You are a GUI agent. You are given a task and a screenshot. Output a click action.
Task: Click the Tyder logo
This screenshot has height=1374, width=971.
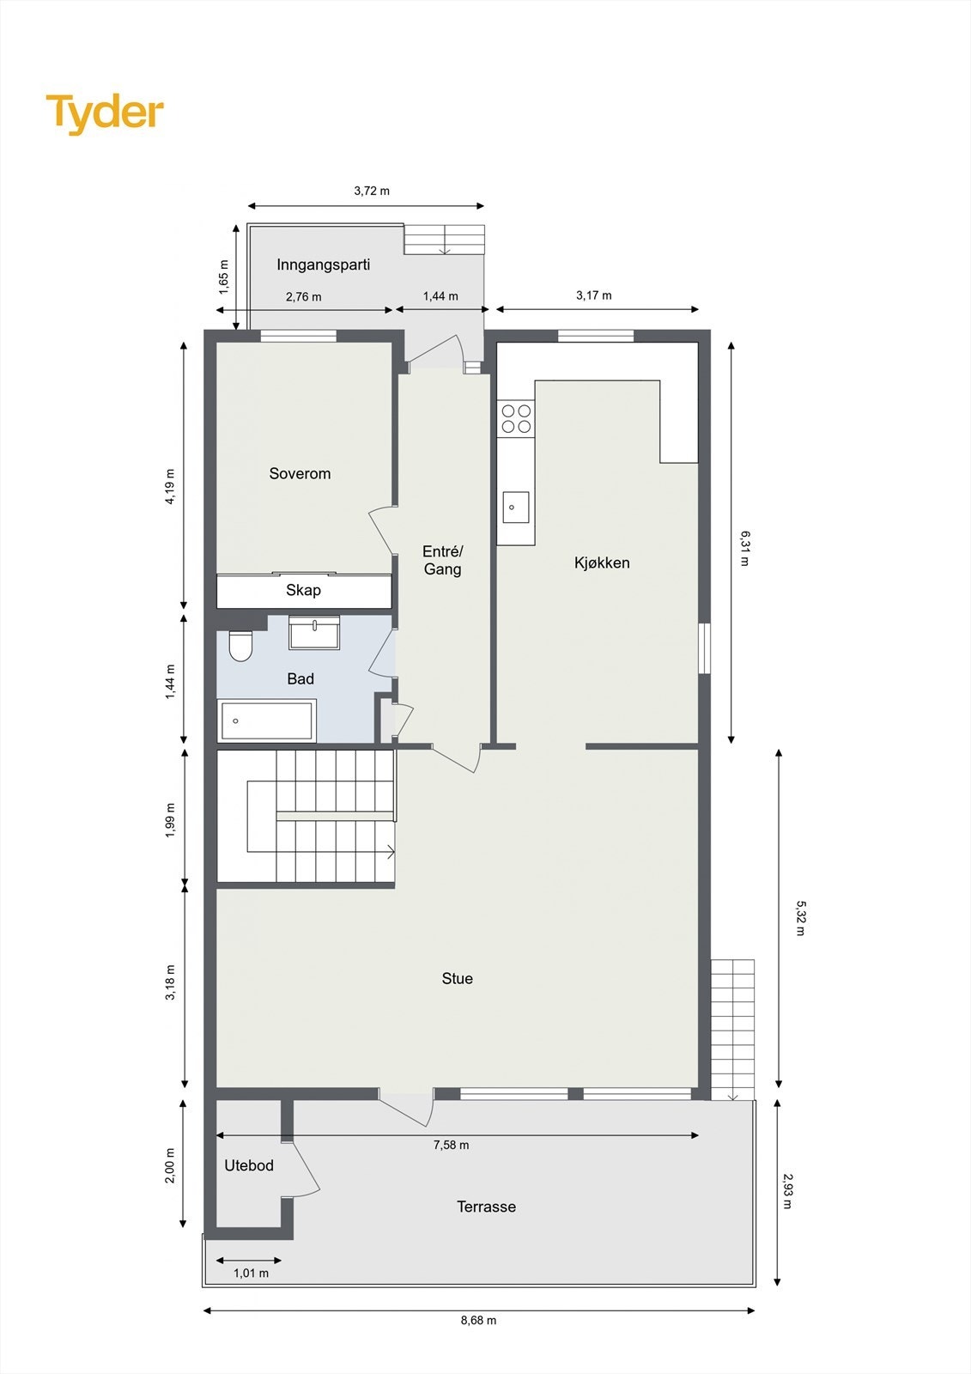[105, 112]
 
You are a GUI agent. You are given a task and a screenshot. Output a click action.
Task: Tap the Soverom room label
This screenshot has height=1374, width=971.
[300, 473]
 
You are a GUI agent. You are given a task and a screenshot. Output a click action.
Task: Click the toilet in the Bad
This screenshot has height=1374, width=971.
[240, 646]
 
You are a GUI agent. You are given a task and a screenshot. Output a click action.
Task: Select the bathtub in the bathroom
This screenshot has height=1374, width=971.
[268, 720]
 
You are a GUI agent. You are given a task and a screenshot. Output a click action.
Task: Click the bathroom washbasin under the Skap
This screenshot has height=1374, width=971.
[314, 632]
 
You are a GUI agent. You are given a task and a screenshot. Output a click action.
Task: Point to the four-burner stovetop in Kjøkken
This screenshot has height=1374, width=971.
[516, 418]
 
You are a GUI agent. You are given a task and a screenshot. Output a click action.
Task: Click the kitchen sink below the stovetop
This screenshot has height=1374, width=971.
[515, 507]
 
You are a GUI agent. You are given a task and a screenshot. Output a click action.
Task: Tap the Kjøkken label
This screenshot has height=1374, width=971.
[602, 562]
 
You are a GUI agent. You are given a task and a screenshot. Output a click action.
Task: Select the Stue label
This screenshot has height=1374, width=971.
[457, 978]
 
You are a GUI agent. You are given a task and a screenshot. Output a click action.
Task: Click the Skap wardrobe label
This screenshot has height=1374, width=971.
[303, 590]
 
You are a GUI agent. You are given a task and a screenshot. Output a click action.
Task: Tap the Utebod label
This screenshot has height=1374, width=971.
[249, 1165]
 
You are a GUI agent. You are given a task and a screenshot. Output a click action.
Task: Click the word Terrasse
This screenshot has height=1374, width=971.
[486, 1207]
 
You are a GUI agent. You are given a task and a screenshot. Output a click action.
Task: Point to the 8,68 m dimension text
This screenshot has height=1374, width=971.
[478, 1320]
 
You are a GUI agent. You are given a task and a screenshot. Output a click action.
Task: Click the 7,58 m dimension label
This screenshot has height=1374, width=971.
[451, 1145]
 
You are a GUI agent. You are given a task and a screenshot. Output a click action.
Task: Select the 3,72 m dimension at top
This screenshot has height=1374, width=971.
[372, 191]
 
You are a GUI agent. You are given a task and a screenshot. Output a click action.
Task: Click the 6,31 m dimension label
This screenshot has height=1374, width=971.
[744, 547]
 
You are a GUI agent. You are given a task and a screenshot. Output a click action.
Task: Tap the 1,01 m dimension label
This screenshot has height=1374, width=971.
[251, 1273]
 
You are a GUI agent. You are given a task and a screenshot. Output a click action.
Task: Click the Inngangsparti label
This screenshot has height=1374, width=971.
[323, 264]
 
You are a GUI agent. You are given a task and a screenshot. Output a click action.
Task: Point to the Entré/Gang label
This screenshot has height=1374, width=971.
[442, 560]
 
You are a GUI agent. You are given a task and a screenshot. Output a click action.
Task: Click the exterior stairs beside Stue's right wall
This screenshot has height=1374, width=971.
[732, 1026]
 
